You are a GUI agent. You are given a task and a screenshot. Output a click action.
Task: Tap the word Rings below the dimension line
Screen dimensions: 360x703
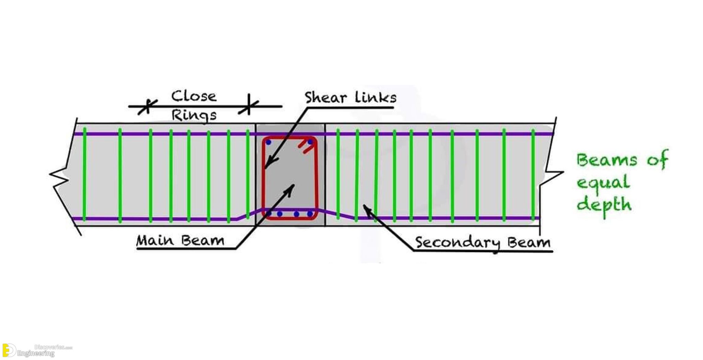tap(194, 115)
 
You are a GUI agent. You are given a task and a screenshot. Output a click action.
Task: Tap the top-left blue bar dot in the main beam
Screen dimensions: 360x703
tap(268, 142)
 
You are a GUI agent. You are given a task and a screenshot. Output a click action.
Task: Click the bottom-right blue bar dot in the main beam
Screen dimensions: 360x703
tap(310, 214)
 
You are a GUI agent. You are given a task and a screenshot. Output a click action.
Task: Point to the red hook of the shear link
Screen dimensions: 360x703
tap(307, 146)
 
